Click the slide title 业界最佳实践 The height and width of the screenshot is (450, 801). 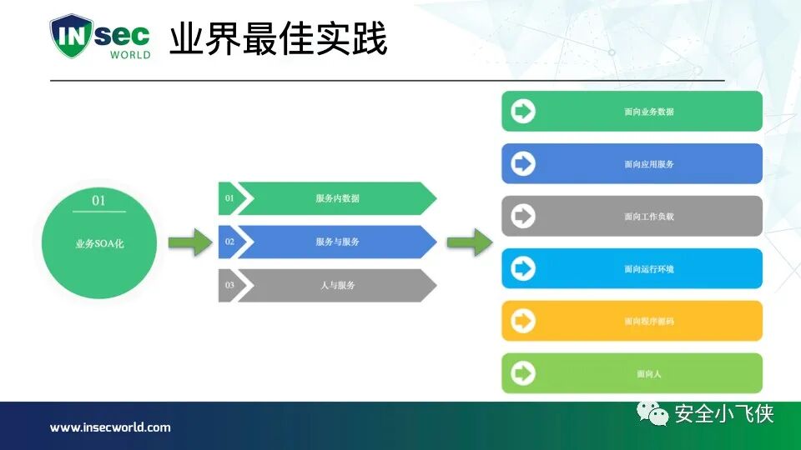[279, 39]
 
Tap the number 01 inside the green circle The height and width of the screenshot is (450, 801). [99, 201]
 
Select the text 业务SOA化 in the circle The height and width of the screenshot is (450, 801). [99, 244]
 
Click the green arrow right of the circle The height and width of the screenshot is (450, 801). [189, 242]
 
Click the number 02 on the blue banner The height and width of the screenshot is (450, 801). [229, 242]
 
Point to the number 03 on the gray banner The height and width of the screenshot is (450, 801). [229, 285]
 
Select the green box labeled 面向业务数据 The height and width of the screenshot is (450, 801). [632, 112]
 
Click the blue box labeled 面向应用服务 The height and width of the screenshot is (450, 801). [632, 164]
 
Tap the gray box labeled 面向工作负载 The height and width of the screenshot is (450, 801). [632, 217]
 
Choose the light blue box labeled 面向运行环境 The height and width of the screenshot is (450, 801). [632, 269]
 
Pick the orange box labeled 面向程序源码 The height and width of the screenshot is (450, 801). [632, 321]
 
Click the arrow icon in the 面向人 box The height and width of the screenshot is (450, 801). [523, 373]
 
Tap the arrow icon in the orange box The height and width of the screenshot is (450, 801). [523, 321]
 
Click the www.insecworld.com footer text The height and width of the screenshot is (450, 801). [110, 427]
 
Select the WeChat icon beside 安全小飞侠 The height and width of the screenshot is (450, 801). [652, 412]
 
